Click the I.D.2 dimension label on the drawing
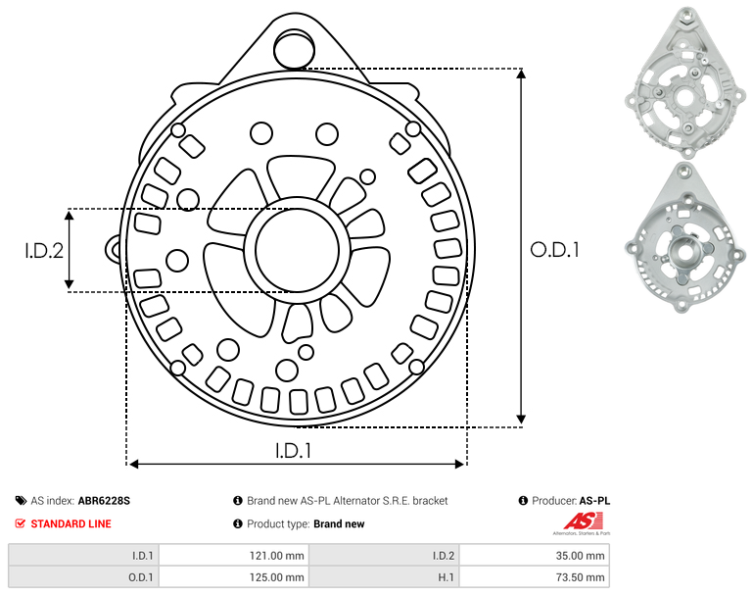click(44, 250)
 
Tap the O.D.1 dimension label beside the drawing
click(554, 249)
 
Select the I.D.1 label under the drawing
click(293, 451)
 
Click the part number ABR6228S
click(104, 501)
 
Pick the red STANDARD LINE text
click(71, 523)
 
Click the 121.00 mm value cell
click(234, 556)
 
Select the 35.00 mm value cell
click(534, 556)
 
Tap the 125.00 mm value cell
click(234, 576)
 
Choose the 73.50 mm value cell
click(534, 576)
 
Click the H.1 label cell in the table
click(384, 576)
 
